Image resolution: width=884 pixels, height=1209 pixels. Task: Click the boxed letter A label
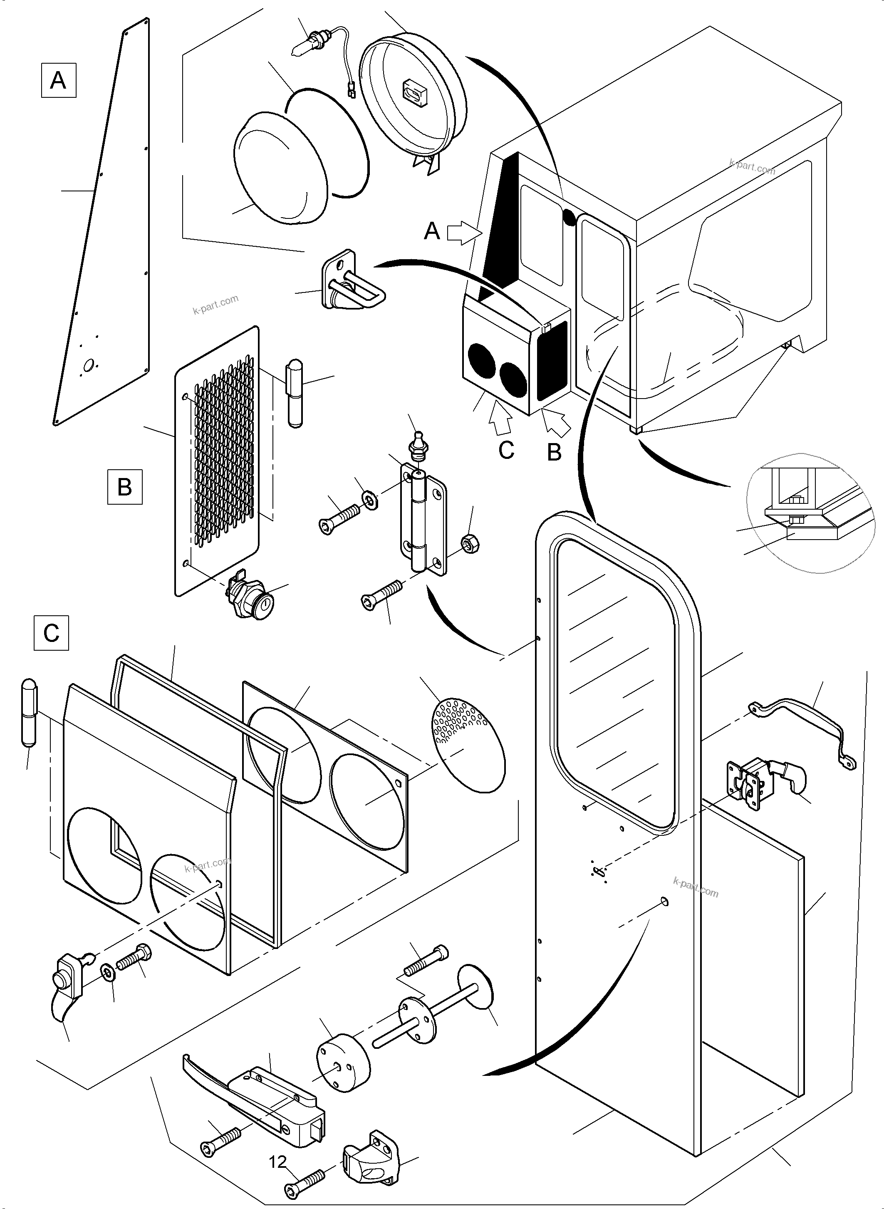coord(58,80)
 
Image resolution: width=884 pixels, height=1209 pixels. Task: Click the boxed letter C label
coord(51,633)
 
